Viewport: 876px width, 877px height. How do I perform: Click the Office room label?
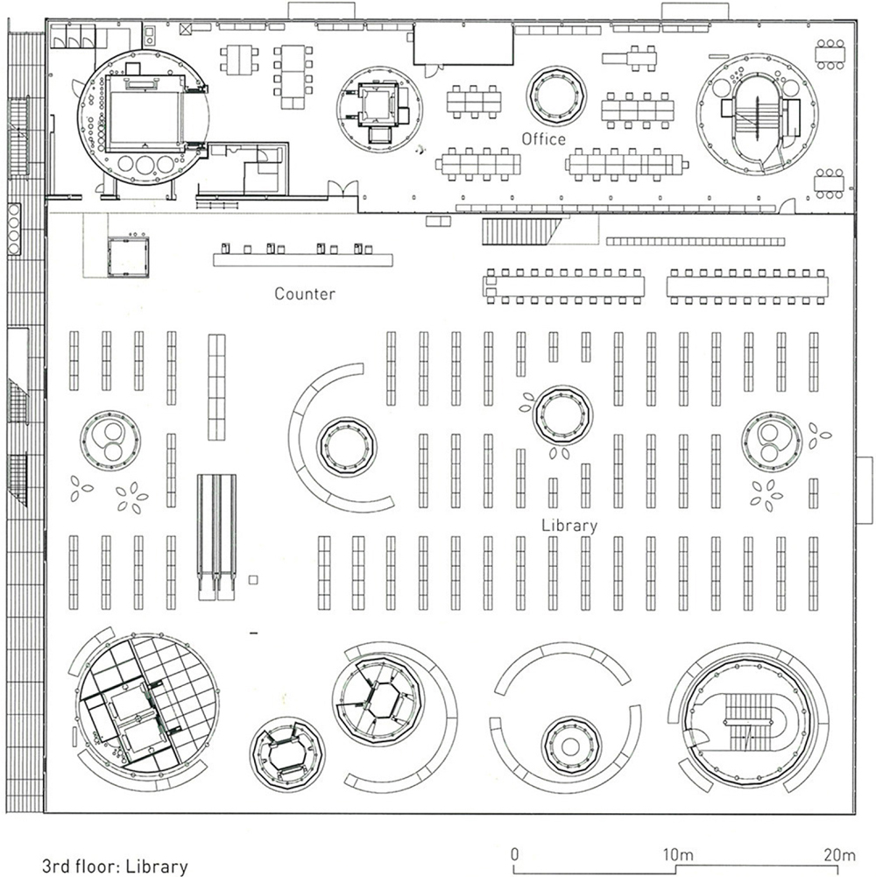[544, 139]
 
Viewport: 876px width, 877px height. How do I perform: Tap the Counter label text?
[305, 294]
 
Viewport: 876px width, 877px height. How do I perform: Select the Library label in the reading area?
[569, 526]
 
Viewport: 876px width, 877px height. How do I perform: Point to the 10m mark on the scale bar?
[678, 853]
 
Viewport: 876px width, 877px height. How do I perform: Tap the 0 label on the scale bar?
[515, 853]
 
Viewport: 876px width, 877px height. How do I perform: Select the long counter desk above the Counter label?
[302, 258]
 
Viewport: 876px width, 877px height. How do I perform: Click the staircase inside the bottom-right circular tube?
[751, 718]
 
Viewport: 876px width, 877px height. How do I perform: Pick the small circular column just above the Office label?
[557, 95]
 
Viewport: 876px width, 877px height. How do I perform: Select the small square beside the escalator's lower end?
[253, 580]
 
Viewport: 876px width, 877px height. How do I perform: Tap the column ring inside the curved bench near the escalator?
[346, 447]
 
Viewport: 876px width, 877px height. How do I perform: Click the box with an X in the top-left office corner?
[184, 30]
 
